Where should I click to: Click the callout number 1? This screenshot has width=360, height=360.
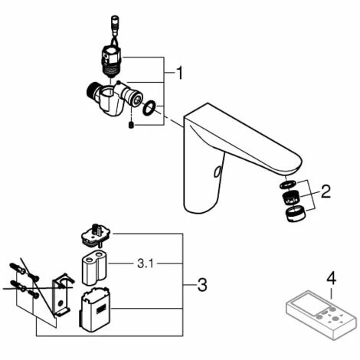pyautogui.click(x=180, y=73)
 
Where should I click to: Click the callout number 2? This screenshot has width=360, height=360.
pyautogui.click(x=326, y=191)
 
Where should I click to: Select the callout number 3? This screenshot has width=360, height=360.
pyautogui.click(x=202, y=285)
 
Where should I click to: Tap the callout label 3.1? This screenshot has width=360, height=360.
pyautogui.click(x=146, y=263)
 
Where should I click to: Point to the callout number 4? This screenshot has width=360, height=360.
pyautogui.click(x=332, y=278)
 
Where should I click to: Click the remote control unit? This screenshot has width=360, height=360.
pyautogui.click(x=321, y=315)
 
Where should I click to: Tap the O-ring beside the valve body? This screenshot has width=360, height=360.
pyautogui.click(x=149, y=108)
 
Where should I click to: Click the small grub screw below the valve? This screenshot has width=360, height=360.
pyautogui.click(x=131, y=125)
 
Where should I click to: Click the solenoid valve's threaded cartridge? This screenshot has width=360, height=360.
pyautogui.click(x=112, y=61)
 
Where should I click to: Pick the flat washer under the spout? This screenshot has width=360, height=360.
pyautogui.click(x=288, y=185)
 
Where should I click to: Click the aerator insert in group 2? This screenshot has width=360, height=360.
pyautogui.click(x=291, y=198)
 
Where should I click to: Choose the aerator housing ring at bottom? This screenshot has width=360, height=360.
pyautogui.click(x=296, y=214)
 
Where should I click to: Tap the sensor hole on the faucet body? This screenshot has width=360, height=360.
pyautogui.click(x=217, y=172)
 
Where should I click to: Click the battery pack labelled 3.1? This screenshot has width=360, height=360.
pyautogui.click(x=94, y=268)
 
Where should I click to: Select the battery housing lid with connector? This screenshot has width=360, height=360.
pyautogui.click(x=96, y=236)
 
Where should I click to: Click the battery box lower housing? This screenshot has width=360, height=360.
pyautogui.click(x=95, y=309)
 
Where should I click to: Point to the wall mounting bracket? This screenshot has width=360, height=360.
pyautogui.click(x=62, y=295)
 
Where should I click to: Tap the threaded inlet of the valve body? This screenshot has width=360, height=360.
pyautogui.click(x=91, y=90)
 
